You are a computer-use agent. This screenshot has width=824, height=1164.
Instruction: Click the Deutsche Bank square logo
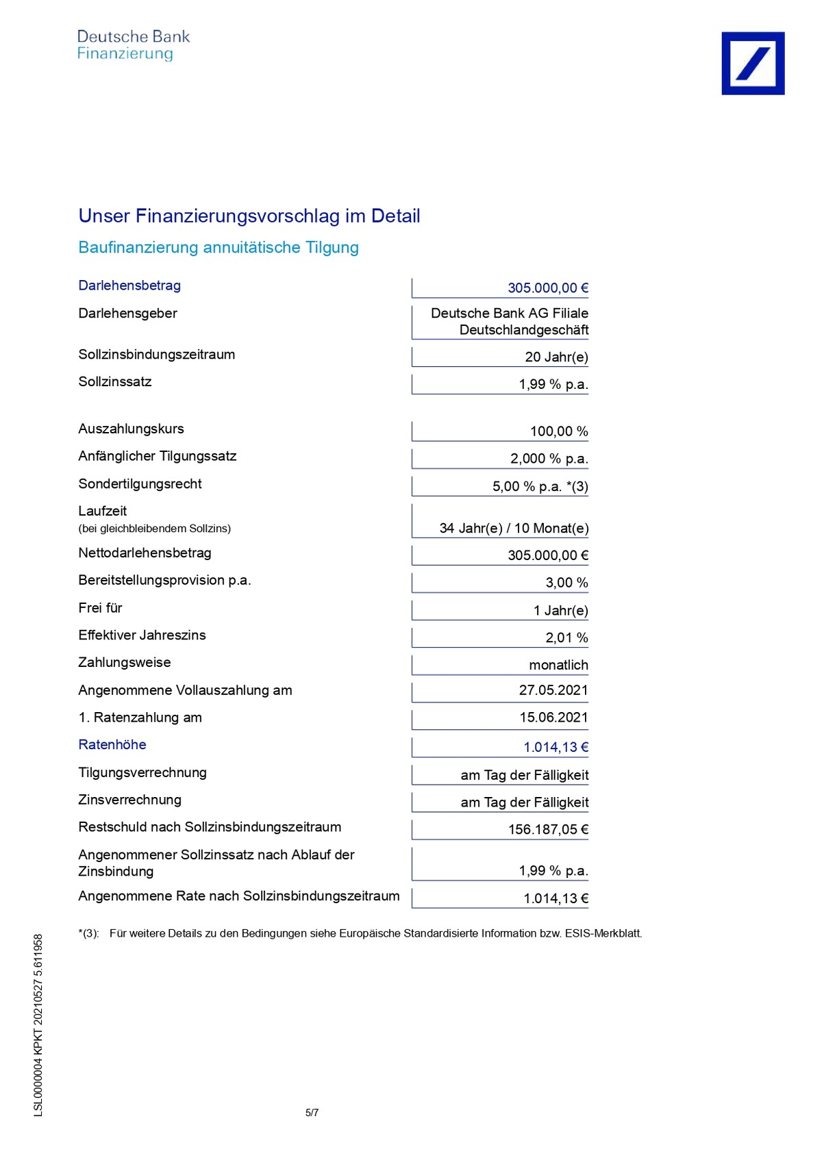752,63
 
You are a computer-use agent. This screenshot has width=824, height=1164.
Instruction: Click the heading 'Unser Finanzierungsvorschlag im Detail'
249,216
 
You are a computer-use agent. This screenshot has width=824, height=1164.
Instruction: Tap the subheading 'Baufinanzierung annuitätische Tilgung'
219,247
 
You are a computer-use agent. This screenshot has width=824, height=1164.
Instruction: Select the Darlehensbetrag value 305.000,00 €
547,288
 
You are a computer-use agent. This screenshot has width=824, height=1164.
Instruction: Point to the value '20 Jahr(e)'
556,357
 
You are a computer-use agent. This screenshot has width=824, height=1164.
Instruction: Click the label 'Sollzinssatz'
114,382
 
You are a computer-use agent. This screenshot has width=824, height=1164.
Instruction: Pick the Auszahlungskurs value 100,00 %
558,431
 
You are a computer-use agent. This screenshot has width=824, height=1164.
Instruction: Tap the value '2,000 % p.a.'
549,459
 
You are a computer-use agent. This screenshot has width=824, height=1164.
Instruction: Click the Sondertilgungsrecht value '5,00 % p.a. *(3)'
540,487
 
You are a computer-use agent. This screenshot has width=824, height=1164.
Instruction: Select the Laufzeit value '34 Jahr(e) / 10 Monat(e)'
514,528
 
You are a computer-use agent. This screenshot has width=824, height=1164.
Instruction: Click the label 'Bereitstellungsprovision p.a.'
164,581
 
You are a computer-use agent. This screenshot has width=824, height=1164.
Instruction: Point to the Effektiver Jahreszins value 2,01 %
566,637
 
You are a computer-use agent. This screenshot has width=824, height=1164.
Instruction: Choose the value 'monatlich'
558,665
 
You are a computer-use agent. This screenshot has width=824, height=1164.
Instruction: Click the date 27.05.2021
553,690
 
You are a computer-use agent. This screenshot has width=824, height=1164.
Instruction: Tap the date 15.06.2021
553,718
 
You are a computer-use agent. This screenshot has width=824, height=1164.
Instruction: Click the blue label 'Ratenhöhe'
112,745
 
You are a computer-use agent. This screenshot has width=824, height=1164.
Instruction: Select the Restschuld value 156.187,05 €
547,830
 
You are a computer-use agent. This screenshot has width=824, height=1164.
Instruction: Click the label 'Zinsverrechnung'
129,800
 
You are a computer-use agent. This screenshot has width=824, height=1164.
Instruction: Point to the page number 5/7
312,1113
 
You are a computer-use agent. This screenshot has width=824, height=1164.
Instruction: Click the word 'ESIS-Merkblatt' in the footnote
603,933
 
